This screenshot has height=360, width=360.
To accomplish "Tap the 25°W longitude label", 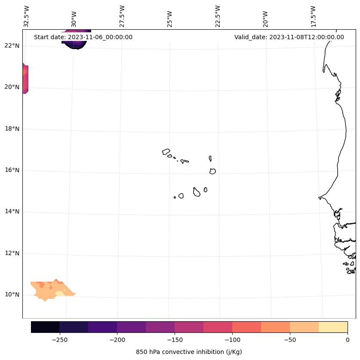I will coord(170,16).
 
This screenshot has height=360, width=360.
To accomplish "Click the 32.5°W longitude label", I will coord(27,16).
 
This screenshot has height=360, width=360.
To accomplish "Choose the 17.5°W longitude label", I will coord(313,16).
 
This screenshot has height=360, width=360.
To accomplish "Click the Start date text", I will coord(83,37).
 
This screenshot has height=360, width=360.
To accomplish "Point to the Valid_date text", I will coord(289,37).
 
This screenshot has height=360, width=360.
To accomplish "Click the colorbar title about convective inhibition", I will coord(189,352).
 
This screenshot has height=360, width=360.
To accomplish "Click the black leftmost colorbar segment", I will coord(45,327).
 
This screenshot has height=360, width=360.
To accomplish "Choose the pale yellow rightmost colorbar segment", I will coord(333,327).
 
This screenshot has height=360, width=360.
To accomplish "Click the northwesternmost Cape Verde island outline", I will coord(166,152).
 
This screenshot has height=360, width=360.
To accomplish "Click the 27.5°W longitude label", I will coord(122,16).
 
